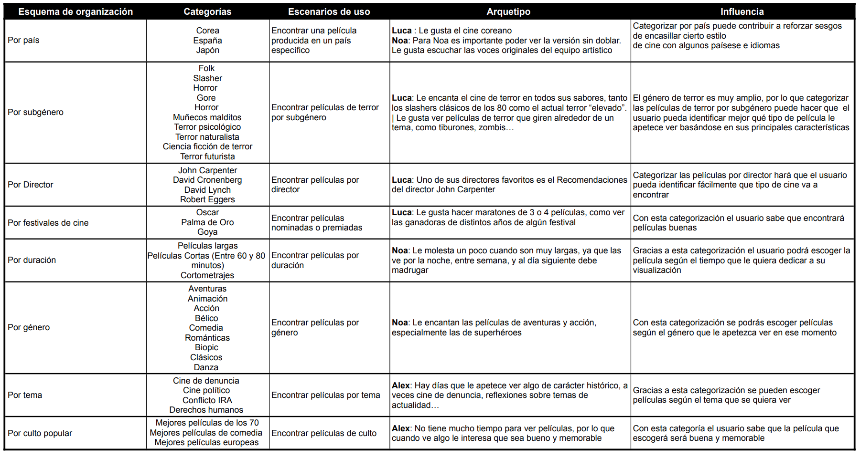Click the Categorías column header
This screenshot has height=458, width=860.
(207, 11)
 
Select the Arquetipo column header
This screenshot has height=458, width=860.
(508, 11)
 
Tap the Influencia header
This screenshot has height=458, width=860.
(742, 11)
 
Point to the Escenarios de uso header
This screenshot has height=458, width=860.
(329, 11)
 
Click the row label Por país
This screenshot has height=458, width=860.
(23, 40)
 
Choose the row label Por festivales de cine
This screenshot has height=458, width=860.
(48, 223)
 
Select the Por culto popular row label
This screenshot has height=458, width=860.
(40, 433)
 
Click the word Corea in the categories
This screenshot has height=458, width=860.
(207, 31)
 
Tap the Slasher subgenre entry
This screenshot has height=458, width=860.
(207, 78)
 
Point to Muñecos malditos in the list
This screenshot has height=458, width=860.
(207, 117)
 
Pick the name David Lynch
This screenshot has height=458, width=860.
(207, 190)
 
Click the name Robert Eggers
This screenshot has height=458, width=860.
(207, 199)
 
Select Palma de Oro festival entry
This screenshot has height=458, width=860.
(207, 222)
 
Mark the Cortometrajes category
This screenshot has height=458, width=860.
(207, 275)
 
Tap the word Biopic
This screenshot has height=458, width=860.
(206, 347)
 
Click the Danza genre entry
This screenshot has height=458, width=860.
(206, 367)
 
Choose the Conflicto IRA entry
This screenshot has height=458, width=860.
(207, 400)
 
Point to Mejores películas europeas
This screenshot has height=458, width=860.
(206, 442)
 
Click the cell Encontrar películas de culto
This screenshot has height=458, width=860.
(324, 433)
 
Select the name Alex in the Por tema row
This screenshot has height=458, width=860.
(401, 385)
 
